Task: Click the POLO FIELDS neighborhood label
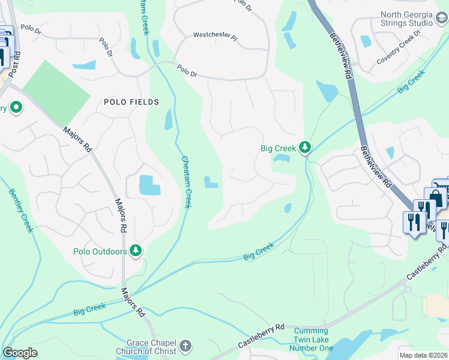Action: pos(131,102)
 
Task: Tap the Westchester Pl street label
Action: pos(215,35)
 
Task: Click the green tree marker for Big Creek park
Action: pos(306,147)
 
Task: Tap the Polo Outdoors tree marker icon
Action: pos(136,251)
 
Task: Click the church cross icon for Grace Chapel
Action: pos(185,346)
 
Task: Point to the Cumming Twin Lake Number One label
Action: pos(311,340)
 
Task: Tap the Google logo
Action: pos(20,353)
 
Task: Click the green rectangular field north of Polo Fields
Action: pos(56,90)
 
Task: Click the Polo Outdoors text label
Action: pos(100,251)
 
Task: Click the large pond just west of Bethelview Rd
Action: pos(327,91)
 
